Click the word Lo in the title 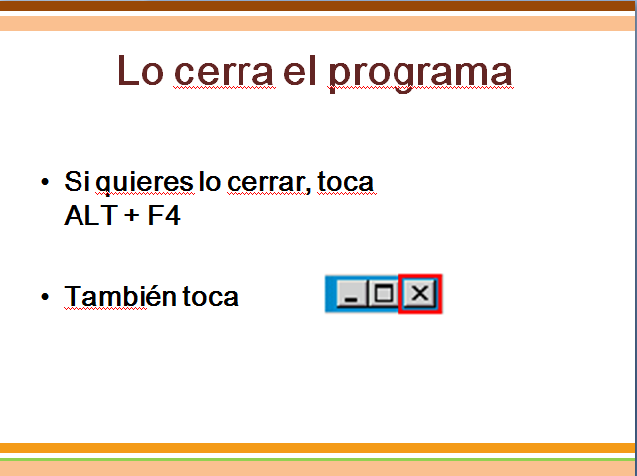pos(140,72)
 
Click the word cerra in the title pos(224,74)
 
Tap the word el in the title pos(300,71)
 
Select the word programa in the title pos(420,77)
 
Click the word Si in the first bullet pos(77,181)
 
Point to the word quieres pos(145,183)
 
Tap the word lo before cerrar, pos(210,181)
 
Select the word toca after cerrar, pos(345,182)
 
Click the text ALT pos(91,215)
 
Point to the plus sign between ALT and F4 pos(132,216)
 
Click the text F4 pos(164,215)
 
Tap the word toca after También pos(210,297)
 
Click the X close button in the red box pos(420,293)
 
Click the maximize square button pos(383,293)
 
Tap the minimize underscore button pos(352,293)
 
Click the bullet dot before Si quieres pos(45,182)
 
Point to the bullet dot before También pos(45,297)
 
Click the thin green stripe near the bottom pos(318,460)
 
